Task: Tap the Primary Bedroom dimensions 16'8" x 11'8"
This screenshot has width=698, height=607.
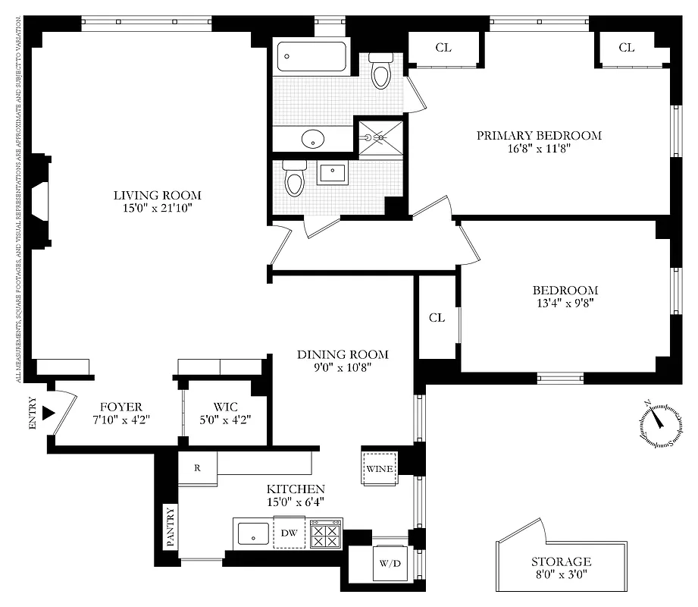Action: click(539, 149)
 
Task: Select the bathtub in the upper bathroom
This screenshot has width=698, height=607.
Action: click(311, 56)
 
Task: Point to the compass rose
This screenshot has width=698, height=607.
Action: click(658, 422)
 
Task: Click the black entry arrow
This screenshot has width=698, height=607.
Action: click(49, 414)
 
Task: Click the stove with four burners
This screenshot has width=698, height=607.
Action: click(326, 534)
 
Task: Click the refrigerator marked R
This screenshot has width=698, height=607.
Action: click(197, 468)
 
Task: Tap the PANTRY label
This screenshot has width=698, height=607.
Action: click(170, 527)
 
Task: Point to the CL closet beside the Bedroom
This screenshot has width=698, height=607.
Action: click(437, 317)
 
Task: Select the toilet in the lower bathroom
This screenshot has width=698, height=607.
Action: click(293, 179)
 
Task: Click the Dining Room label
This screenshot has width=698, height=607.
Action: click(342, 354)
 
